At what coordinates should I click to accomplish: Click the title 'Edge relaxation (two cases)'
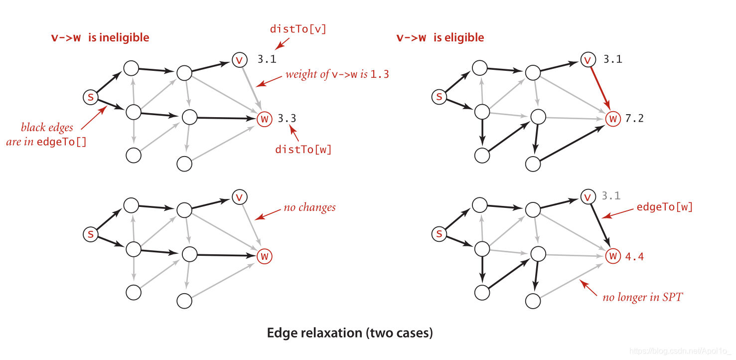click(x=350, y=333)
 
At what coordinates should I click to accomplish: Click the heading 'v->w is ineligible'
click(x=100, y=37)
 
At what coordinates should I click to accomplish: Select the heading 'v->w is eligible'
click(x=440, y=37)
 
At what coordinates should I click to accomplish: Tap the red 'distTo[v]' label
click(x=298, y=29)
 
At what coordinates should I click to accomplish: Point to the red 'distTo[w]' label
click(x=303, y=149)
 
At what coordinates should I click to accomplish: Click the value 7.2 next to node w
click(x=634, y=119)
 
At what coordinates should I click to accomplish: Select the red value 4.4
click(x=634, y=257)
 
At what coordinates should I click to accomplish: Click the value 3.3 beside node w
click(x=287, y=119)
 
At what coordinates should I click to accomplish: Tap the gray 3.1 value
click(x=611, y=196)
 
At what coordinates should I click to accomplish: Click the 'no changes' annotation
click(x=309, y=207)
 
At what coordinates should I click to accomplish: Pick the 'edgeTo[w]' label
click(x=665, y=207)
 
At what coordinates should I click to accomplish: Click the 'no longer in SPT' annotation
click(x=642, y=298)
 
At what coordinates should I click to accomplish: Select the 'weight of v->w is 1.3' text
click(x=337, y=75)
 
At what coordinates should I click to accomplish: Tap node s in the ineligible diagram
click(x=90, y=97)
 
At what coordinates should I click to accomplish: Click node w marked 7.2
click(x=613, y=119)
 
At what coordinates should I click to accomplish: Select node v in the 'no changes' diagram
click(x=239, y=197)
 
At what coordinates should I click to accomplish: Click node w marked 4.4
click(x=613, y=257)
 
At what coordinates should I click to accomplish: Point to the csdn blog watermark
click(x=680, y=351)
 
